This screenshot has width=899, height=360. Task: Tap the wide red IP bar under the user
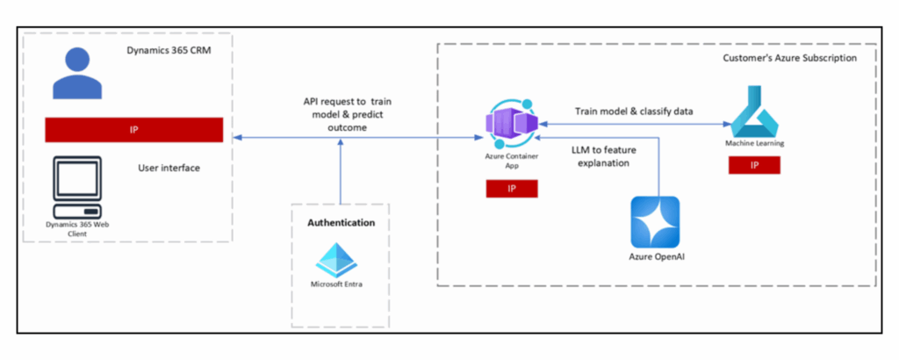[134, 129]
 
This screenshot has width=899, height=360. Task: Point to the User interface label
[169, 167]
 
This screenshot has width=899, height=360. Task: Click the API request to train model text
[342, 114]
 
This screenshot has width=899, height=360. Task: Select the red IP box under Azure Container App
[512, 189]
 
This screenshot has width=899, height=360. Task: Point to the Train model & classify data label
[633, 112]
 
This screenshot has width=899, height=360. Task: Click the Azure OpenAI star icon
[655, 222]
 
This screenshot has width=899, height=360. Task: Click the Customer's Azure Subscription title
[789, 58]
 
